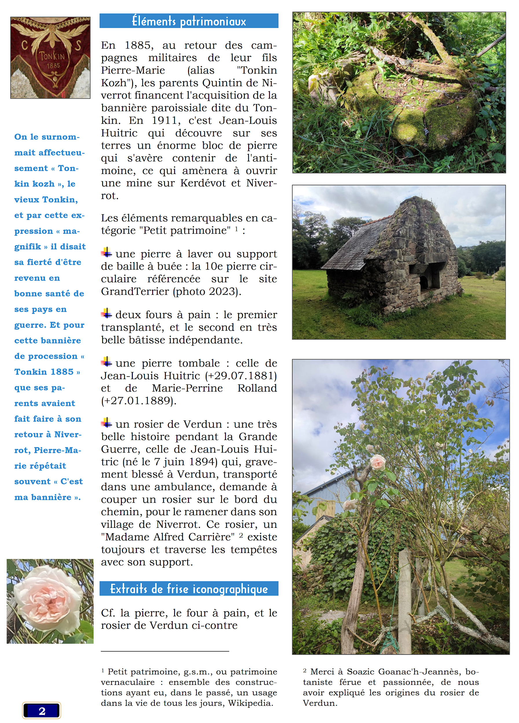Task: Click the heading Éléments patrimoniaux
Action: (189, 21)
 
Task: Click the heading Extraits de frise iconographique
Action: (189, 589)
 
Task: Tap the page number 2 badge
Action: (41, 711)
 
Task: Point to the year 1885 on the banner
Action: (53, 66)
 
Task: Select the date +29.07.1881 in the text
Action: (241, 376)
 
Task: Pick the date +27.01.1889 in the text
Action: (138, 401)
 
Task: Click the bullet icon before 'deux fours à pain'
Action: (106, 313)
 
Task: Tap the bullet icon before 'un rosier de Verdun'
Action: (106, 423)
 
